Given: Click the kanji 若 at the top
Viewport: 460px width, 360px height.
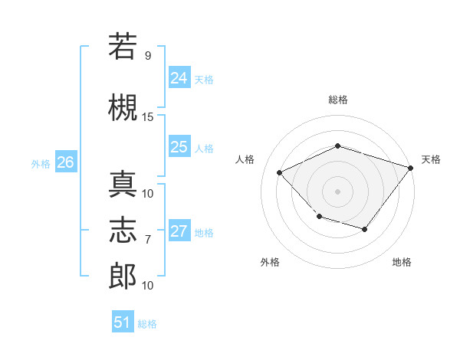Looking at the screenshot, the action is [123, 46].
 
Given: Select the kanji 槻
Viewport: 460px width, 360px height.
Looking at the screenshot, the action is [123, 107].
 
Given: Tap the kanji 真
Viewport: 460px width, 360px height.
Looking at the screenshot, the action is [123, 184].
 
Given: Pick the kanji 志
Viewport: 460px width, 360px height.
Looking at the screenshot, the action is [123, 230].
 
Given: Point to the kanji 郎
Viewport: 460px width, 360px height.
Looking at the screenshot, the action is [123, 276].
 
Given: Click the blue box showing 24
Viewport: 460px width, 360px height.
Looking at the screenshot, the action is [179, 77].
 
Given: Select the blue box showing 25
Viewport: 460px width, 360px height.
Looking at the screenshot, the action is [179, 146].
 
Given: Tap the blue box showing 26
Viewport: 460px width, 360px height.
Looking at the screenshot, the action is [66, 162].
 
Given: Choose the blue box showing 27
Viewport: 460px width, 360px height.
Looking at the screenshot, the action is [179, 230].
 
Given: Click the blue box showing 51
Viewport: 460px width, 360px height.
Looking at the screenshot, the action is [123, 321].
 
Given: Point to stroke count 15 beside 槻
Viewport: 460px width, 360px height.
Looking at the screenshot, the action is [147, 117].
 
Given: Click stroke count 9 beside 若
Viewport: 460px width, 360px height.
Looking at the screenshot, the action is [148, 56].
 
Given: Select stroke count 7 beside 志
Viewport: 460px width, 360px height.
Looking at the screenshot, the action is [148, 240].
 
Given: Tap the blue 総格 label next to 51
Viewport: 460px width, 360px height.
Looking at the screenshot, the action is [147, 324].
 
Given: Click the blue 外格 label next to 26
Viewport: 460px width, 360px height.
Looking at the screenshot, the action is [41, 164].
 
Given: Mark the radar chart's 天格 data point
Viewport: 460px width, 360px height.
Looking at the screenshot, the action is [410, 168].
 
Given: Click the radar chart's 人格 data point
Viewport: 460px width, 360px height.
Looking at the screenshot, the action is [279, 172].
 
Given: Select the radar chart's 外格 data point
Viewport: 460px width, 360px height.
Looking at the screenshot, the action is [320, 217].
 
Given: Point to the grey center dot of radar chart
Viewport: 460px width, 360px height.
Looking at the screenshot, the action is [337, 191].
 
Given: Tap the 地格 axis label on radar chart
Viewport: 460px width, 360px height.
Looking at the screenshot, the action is [402, 262].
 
